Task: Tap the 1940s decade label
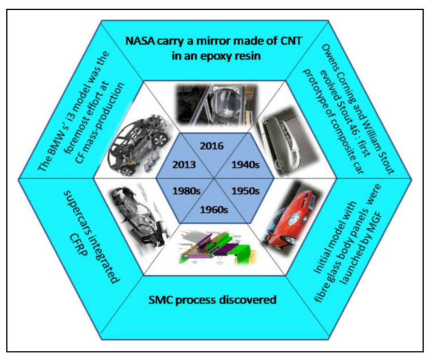(249, 165)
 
